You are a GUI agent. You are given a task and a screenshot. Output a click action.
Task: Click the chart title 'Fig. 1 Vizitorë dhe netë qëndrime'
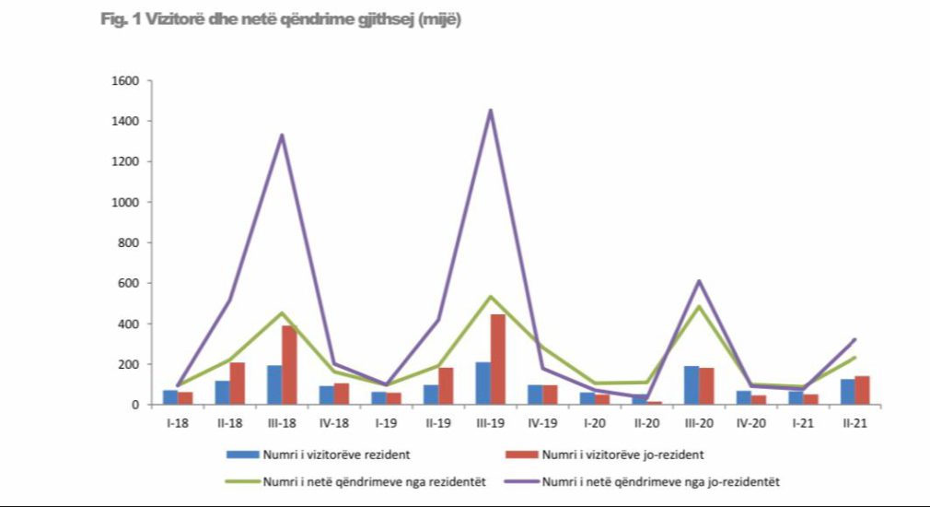click(x=281, y=20)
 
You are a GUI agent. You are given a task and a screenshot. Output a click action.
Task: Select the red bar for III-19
click(x=498, y=360)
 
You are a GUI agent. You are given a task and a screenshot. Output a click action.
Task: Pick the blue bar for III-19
click(x=482, y=383)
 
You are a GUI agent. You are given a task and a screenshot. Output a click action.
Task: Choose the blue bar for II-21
click(x=847, y=392)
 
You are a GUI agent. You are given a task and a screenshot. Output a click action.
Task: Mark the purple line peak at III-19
click(x=490, y=111)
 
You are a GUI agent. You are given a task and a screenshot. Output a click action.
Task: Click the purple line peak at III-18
click(x=281, y=136)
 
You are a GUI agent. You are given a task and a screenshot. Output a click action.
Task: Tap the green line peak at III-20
click(x=699, y=306)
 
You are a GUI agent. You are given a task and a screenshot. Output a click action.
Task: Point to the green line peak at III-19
click(x=490, y=297)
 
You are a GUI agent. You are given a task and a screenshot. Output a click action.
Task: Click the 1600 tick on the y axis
click(x=125, y=81)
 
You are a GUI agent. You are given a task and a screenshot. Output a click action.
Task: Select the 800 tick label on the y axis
click(x=128, y=242)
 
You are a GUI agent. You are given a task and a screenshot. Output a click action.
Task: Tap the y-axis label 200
click(x=128, y=364)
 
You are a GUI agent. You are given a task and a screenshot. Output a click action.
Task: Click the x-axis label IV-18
click(x=333, y=423)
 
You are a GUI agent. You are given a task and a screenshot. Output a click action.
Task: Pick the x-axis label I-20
click(x=595, y=423)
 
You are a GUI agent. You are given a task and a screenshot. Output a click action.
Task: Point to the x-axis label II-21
click(x=855, y=423)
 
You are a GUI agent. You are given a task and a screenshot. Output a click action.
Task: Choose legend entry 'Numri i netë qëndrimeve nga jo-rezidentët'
click(x=662, y=481)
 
